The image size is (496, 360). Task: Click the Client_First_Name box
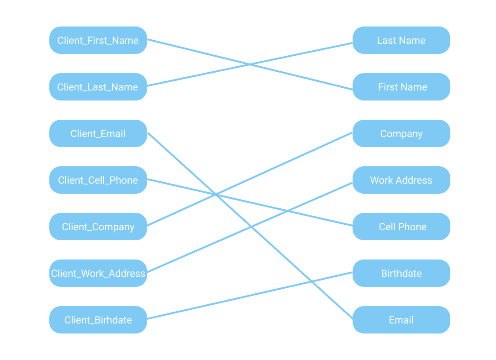click(x=98, y=40)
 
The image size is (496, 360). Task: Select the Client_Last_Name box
click(x=98, y=87)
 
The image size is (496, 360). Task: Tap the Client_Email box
click(x=98, y=133)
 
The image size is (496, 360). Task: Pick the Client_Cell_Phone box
click(x=98, y=180)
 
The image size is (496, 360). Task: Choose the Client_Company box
click(x=98, y=227)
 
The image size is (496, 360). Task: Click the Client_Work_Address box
click(x=98, y=273)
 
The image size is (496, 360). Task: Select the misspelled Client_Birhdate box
click(x=98, y=320)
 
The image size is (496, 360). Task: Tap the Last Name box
click(x=401, y=40)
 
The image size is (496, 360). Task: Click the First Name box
click(x=401, y=87)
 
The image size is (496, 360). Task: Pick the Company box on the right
click(x=401, y=133)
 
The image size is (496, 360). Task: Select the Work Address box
click(x=401, y=180)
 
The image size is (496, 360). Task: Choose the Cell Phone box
click(x=401, y=227)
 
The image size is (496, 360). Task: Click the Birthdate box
click(x=401, y=273)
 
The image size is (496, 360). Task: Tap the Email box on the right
click(x=401, y=320)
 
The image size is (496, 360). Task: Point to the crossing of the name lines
click(x=250, y=64)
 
